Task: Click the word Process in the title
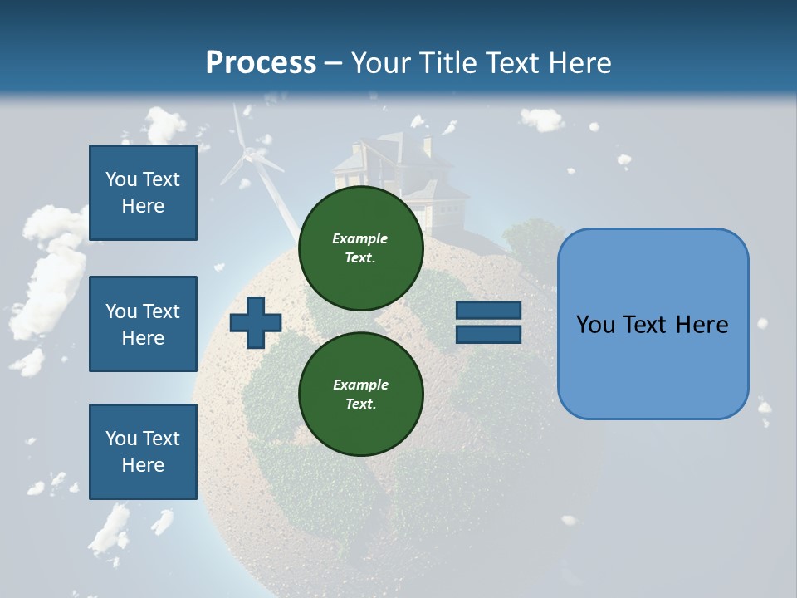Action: click(261, 62)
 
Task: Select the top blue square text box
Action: click(143, 193)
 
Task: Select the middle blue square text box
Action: click(143, 324)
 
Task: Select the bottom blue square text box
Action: click(143, 452)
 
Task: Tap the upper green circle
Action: click(360, 248)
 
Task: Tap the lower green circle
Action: click(360, 394)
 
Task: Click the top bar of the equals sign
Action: click(488, 311)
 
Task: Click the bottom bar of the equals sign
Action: click(488, 334)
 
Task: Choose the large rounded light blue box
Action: click(653, 324)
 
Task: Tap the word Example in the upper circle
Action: click(359, 238)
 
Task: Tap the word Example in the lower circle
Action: click(359, 385)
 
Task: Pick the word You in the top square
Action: click(121, 179)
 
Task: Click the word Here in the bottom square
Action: click(143, 465)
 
